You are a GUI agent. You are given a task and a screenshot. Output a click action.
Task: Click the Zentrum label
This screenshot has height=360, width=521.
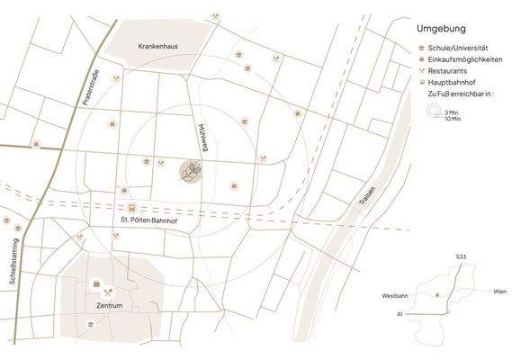[x=108, y=306]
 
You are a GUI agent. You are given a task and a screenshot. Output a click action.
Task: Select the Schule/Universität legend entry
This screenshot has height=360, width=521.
[x=459, y=46]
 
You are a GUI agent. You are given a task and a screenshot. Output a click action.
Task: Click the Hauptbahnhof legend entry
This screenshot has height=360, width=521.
[x=455, y=81]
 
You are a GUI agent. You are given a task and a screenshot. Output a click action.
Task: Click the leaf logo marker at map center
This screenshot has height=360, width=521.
[x=190, y=171]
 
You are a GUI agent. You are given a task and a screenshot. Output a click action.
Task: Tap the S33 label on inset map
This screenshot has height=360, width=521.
[x=461, y=257]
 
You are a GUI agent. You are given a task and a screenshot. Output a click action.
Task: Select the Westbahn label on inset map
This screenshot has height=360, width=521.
[x=395, y=295]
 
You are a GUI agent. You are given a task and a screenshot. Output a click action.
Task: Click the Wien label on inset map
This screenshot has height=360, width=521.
[x=500, y=292]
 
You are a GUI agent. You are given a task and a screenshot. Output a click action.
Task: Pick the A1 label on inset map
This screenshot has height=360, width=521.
[x=400, y=315]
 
